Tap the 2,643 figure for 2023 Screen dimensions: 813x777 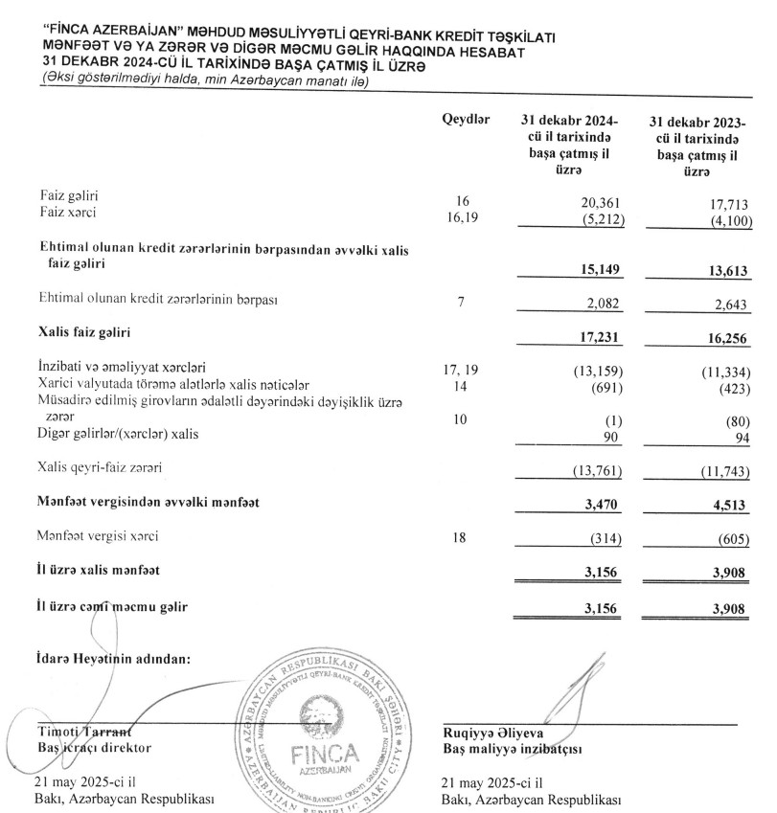732,305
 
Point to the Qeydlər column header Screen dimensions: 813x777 466,121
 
